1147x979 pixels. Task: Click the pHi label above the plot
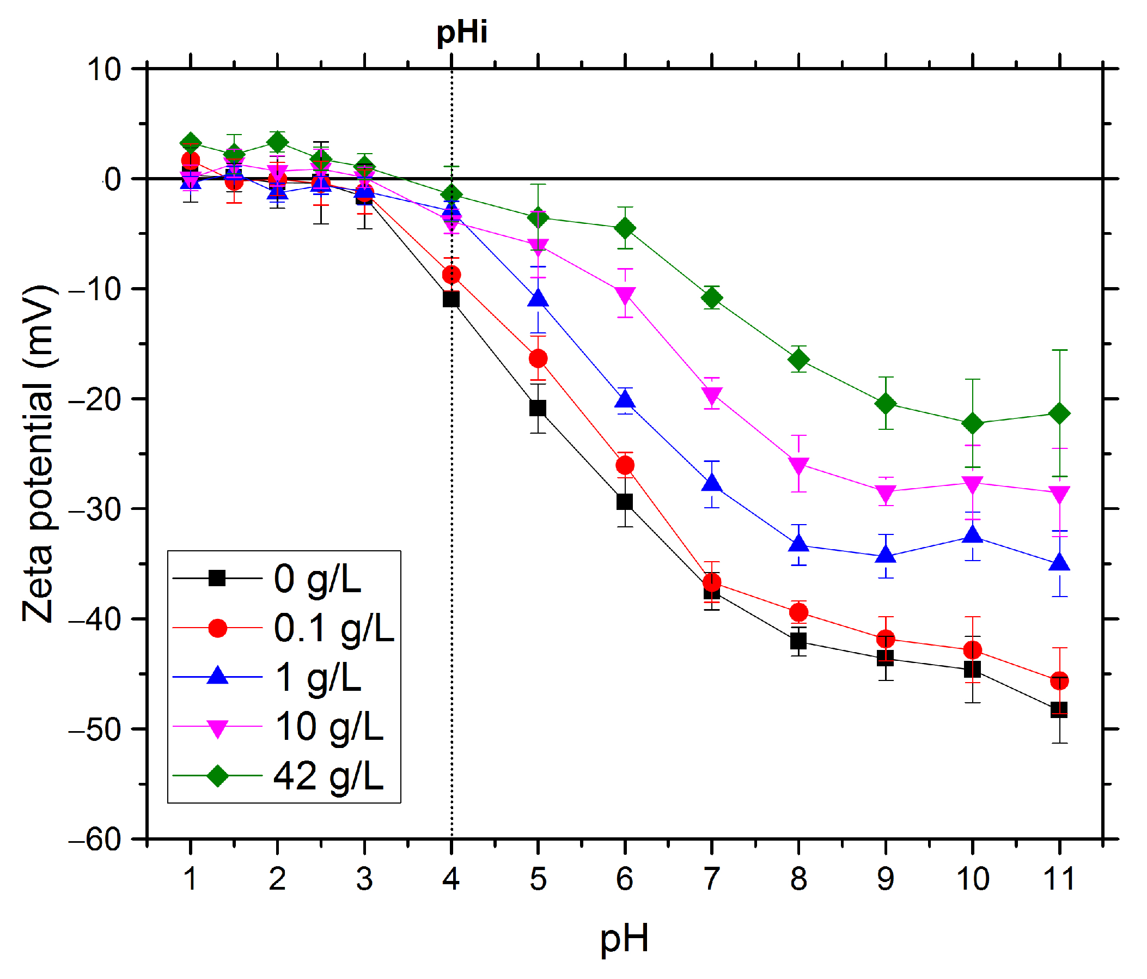(x=462, y=32)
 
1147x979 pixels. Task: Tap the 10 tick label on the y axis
(x=104, y=70)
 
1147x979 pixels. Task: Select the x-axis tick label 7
(x=711, y=879)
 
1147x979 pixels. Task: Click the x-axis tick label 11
(x=1059, y=879)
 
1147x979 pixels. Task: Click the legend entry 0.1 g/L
(x=334, y=628)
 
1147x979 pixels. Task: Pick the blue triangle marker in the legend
(x=217, y=676)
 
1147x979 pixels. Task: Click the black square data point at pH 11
(x=1059, y=709)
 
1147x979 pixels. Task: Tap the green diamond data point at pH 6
(x=625, y=228)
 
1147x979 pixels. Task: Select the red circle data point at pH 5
(x=538, y=359)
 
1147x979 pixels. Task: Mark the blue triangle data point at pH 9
(x=886, y=555)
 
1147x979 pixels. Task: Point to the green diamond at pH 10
(x=973, y=424)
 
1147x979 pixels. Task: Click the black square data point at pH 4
(x=451, y=299)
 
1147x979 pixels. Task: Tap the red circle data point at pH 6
(x=625, y=465)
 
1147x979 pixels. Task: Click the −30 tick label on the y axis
(x=95, y=509)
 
